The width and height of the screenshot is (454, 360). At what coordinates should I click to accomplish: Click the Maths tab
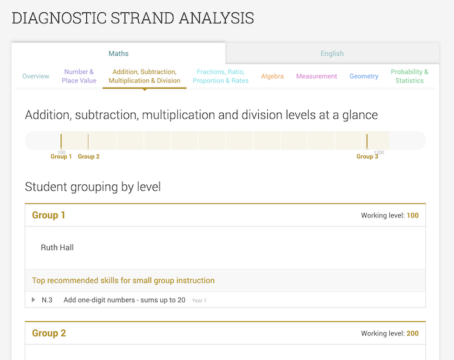[x=118, y=54]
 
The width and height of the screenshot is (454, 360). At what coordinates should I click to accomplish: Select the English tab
[x=332, y=54]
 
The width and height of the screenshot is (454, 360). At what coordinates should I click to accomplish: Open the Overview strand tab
[x=36, y=77]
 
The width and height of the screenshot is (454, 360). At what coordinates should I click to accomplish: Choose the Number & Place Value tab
[x=79, y=77]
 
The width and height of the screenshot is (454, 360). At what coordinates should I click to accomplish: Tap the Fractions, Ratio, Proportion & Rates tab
[x=222, y=77]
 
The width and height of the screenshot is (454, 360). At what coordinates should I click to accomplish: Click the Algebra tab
[x=272, y=77]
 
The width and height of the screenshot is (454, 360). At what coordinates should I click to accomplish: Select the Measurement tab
[x=317, y=77]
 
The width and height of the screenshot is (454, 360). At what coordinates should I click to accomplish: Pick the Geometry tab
[x=364, y=77]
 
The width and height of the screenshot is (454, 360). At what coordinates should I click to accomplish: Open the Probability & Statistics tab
[x=409, y=77]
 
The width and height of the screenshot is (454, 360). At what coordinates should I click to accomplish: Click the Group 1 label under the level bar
[x=61, y=157]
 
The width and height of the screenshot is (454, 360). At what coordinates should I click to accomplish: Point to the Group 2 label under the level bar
[x=89, y=157]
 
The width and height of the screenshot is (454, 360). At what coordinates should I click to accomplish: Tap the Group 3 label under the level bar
[x=367, y=157]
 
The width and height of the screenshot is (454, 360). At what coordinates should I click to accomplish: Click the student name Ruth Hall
[x=57, y=248]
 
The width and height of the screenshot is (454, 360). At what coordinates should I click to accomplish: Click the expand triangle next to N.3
[x=34, y=300]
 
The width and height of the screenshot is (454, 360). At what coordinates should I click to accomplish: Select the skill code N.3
[x=47, y=300]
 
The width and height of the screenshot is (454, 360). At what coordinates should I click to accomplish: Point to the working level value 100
[x=412, y=215]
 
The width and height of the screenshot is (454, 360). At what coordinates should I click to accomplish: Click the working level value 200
[x=412, y=333]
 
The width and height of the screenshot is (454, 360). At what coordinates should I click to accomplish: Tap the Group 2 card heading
[x=49, y=333]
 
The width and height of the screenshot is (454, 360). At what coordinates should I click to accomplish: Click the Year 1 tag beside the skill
[x=199, y=301]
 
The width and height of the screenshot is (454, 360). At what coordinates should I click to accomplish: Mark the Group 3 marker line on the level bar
[x=367, y=141]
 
